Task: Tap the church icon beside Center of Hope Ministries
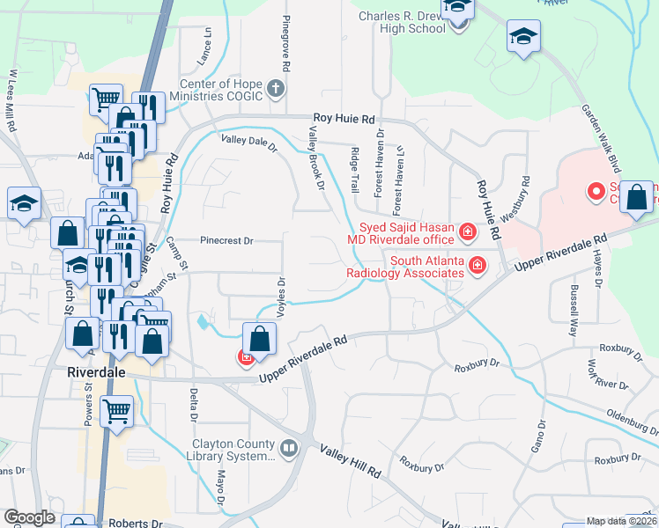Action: click(276, 88)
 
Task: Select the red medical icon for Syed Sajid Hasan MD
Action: click(469, 233)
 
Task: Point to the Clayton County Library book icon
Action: click(288, 450)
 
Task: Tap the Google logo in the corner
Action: click(29, 517)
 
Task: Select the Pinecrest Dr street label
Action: click(226, 239)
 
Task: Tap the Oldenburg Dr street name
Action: click(633, 415)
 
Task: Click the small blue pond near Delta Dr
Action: click(204, 322)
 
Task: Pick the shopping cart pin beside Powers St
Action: click(117, 410)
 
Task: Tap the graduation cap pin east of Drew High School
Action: click(523, 37)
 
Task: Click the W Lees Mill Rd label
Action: click(12, 101)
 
